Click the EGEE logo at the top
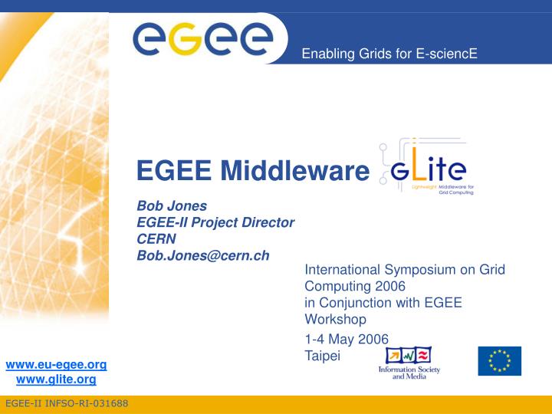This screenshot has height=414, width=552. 202,35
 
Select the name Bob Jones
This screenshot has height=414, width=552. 172,205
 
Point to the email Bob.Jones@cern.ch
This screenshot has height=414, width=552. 203,255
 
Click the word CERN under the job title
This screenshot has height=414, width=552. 156,238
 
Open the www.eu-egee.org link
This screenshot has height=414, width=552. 56,364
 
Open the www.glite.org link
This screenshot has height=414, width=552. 56,379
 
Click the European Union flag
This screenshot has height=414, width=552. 499,361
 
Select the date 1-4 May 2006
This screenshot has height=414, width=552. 347,339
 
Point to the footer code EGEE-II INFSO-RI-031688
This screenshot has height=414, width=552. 67,404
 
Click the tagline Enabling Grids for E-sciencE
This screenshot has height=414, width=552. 389,53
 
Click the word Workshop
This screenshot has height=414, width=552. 336,319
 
